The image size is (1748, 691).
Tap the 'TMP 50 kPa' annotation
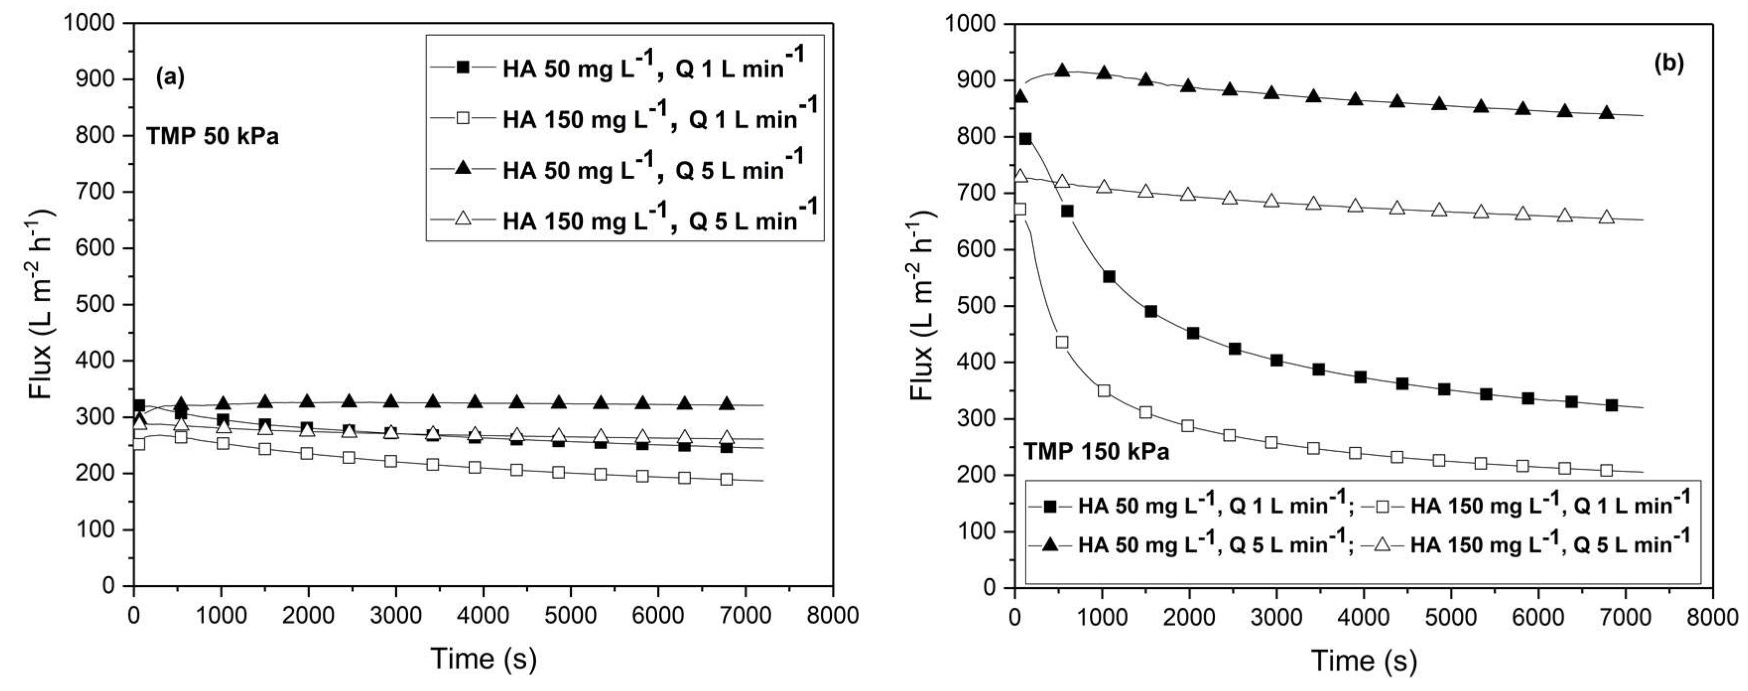coord(212,137)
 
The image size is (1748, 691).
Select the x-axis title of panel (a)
coord(483,658)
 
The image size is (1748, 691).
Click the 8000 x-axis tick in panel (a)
coord(833,616)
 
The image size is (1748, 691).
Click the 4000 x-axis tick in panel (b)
coord(1364,617)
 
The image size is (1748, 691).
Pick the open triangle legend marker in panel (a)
coord(463,218)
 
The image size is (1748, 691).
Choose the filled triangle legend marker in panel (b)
coord(1051,543)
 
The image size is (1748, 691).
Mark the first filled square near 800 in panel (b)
coord(1025,139)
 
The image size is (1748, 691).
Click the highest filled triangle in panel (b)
coord(1062,70)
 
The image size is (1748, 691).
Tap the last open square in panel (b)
coord(1606,471)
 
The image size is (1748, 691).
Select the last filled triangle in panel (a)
coord(726,404)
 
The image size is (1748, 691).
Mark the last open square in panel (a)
coord(726,479)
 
